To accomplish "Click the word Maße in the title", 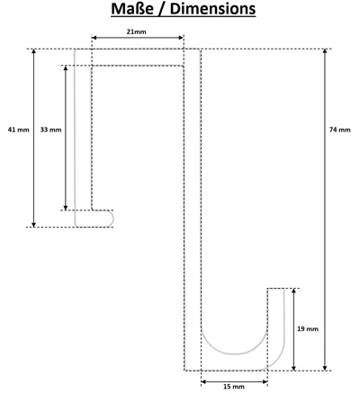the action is click(x=131, y=9).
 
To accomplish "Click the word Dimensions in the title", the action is click(x=212, y=9).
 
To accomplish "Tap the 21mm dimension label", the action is click(x=136, y=31).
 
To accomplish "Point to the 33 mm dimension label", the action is click(x=50, y=130).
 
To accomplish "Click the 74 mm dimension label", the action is click(x=339, y=130).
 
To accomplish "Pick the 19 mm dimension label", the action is click(x=308, y=329).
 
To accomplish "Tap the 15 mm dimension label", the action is click(x=234, y=387).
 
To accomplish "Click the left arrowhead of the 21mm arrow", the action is click(x=94, y=38).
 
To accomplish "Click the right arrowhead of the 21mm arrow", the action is click(x=181, y=38).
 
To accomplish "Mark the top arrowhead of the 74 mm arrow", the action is click(x=325, y=51).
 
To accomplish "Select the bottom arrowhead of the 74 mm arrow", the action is click(x=325, y=368).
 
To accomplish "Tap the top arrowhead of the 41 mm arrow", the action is click(x=34, y=51).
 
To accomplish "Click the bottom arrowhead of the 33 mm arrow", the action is click(x=66, y=208).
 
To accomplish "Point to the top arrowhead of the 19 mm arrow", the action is click(x=294, y=291).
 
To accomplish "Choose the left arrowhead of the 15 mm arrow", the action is click(x=203, y=381).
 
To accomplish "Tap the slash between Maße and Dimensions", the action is click(x=161, y=9).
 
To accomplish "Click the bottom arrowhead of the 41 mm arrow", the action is click(x=34, y=224).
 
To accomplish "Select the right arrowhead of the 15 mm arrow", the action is click(x=265, y=381).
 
